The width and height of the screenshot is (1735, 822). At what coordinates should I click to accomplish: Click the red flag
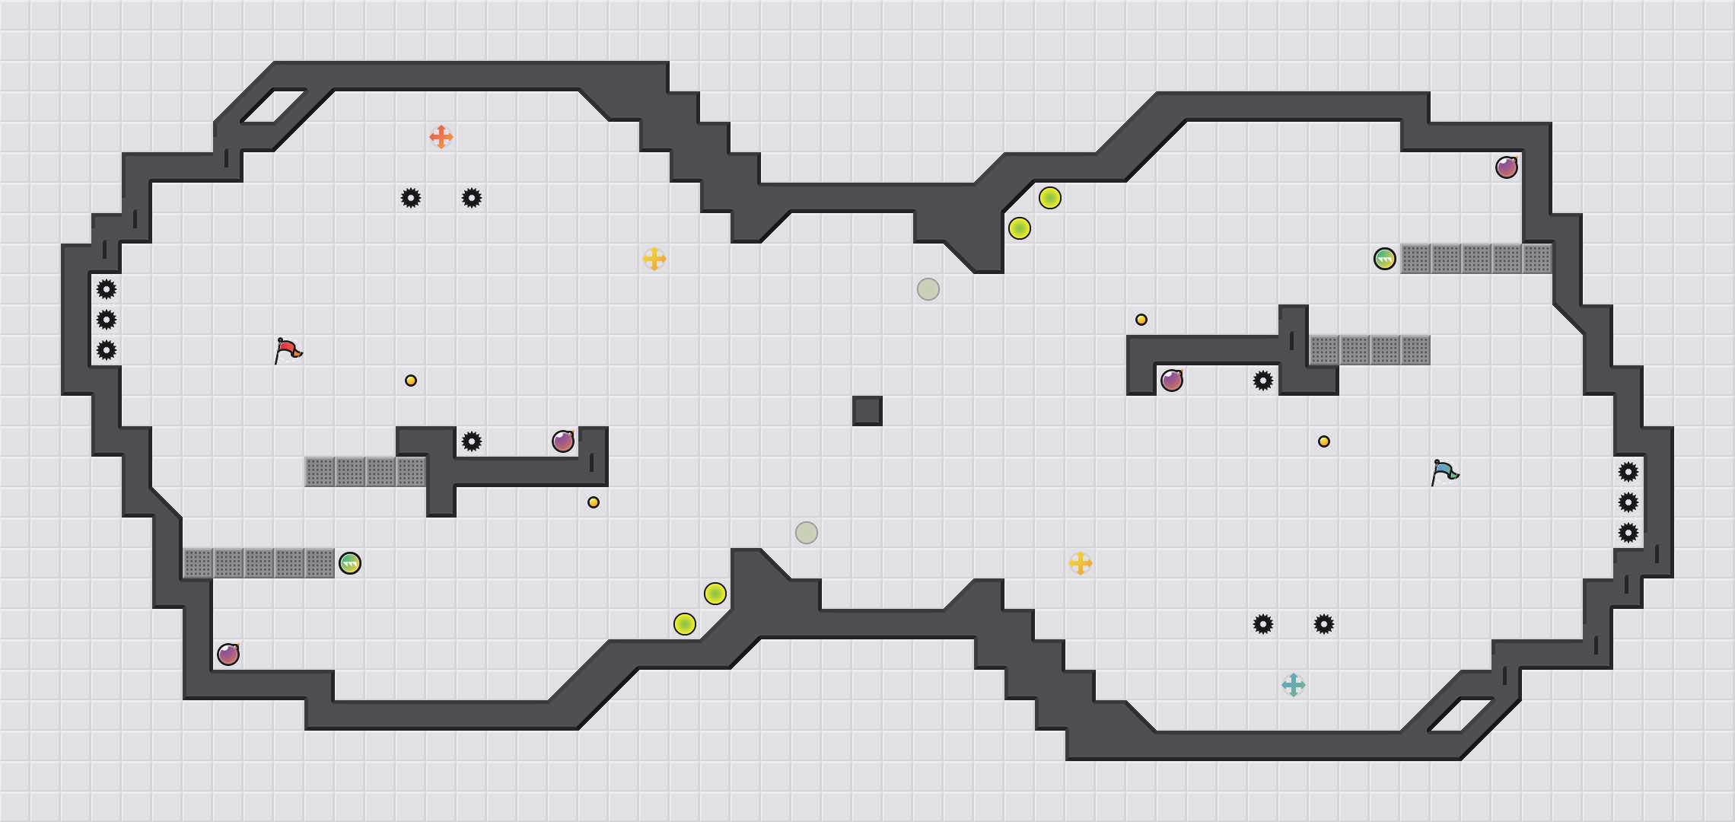[x=288, y=350]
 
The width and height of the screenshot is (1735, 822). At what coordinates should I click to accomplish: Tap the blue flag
[x=1444, y=472]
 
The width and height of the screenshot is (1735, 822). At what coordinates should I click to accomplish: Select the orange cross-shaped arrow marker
[x=441, y=137]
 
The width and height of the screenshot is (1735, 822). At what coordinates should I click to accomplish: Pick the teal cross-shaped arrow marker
[x=1294, y=685]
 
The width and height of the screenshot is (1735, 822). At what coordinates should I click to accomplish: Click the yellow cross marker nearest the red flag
[x=654, y=259]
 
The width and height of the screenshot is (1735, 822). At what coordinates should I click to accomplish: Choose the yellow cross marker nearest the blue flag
[x=1081, y=563]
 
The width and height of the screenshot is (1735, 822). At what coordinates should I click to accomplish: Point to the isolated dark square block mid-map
[x=867, y=411]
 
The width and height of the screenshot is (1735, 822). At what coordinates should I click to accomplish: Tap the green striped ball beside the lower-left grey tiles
[x=350, y=563]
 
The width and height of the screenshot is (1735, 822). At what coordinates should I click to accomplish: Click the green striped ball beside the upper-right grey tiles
[x=1385, y=259]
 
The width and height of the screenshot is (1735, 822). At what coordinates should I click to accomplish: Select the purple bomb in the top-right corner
[x=1507, y=167]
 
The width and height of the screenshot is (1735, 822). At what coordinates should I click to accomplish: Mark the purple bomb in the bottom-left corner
[x=228, y=655]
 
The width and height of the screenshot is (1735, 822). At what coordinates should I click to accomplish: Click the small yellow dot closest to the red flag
[x=411, y=381]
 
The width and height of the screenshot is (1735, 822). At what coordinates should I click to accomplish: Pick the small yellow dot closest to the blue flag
[x=1324, y=441]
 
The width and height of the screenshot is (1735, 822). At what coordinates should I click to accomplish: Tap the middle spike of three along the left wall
[x=107, y=320]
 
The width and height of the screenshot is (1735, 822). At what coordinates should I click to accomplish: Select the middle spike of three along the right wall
[x=1628, y=502]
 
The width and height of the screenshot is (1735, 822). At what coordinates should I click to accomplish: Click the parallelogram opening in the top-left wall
[x=274, y=107]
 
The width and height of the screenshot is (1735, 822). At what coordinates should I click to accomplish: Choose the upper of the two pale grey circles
[x=928, y=289]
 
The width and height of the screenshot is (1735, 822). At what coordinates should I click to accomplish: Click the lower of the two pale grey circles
[x=807, y=533]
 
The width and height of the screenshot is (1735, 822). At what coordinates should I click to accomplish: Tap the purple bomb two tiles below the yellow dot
[x=1172, y=381]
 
